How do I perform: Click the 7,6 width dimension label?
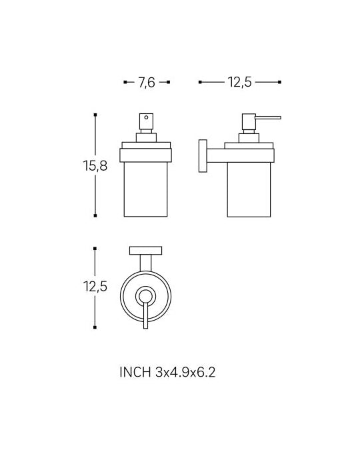pyautogui.click(x=147, y=83)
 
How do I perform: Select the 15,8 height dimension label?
pyautogui.click(x=95, y=165)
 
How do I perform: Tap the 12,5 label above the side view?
pyautogui.click(x=240, y=82)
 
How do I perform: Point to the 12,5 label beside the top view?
pyautogui.click(x=95, y=286)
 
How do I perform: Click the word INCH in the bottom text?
pyautogui.click(x=135, y=372)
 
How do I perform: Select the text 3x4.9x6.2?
pyautogui.click(x=185, y=372)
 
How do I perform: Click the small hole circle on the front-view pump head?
pyautogui.click(x=147, y=117)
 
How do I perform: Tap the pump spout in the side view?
pyautogui.click(x=268, y=117)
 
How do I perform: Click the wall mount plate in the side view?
pyautogui.click(x=203, y=156)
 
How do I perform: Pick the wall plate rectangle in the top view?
pyautogui.click(x=145, y=251)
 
